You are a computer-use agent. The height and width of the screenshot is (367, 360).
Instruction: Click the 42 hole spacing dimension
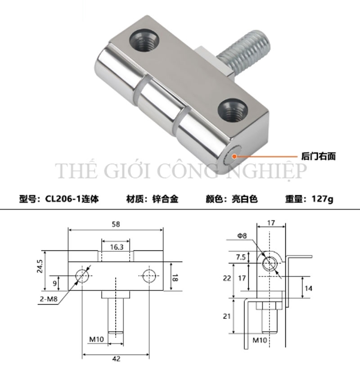116,358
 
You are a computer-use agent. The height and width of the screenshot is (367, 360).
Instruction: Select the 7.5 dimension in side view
241,257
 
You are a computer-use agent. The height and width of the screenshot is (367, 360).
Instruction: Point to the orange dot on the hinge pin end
234,157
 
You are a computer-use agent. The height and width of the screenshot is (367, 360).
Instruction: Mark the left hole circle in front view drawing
82,275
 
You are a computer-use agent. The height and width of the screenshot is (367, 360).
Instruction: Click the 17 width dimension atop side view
270,222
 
